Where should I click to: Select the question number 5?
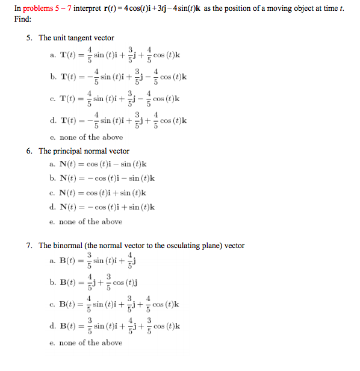29,38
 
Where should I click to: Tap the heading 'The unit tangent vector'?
76,38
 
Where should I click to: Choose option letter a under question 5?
53,56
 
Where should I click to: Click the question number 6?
29,151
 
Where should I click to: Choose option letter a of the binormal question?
53,261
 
